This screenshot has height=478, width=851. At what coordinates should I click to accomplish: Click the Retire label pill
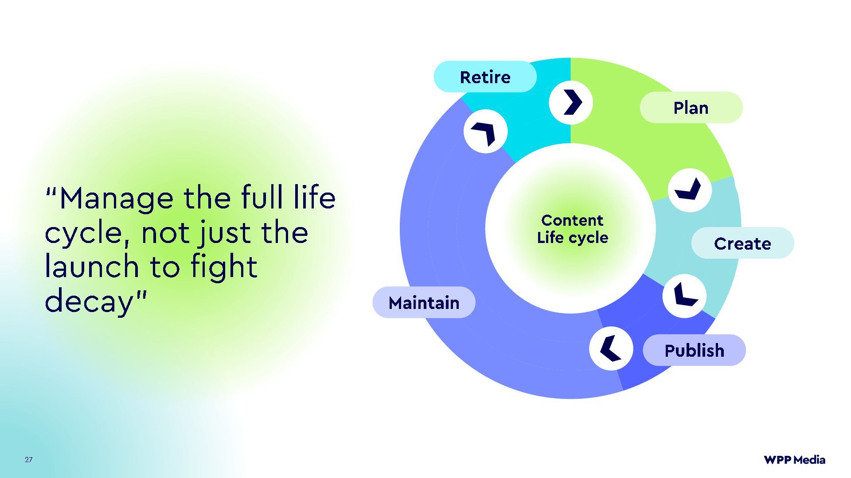click(485, 77)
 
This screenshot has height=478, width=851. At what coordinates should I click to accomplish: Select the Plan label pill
click(691, 108)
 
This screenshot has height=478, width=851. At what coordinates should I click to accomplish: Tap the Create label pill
click(742, 243)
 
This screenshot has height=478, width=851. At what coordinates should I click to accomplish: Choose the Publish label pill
click(694, 350)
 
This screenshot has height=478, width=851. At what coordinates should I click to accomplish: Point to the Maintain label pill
click(424, 303)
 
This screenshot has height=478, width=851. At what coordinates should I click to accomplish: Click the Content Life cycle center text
click(572, 229)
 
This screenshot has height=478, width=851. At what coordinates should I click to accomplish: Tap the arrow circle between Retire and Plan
click(571, 102)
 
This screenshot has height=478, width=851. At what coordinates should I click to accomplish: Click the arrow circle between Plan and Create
click(690, 190)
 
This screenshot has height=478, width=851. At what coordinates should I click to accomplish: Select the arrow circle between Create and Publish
click(684, 296)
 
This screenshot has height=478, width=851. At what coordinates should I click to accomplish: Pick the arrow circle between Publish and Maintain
click(611, 348)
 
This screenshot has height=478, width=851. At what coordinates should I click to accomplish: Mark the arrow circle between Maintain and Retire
click(485, 131)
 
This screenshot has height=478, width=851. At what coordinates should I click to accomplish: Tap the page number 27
click(29, 459)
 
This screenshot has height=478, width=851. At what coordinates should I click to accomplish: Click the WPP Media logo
click(794, 460)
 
